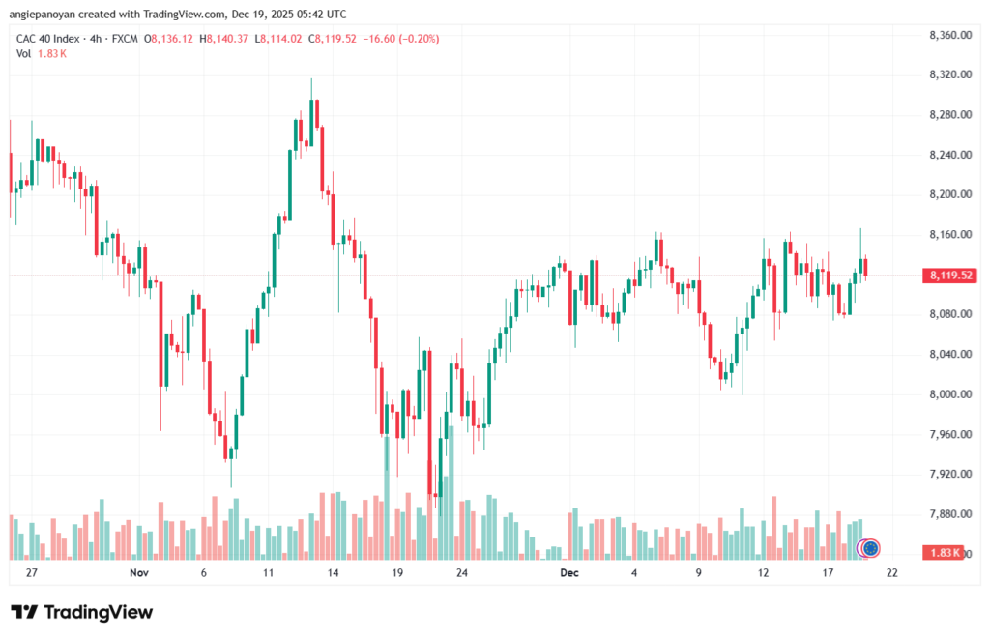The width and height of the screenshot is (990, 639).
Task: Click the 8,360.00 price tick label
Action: pyautogui.click(x=948, y=35)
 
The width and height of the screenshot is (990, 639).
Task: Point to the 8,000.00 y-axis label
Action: pyautogui.click(x=948, y=394)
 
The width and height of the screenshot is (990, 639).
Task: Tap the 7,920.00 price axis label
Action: pyautogui.click(x=948, y=474)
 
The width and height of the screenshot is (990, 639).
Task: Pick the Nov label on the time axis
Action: pyautogui.click(x=138, y=572)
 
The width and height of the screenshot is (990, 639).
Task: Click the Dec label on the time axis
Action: pyautogui.click(x=569, y=572)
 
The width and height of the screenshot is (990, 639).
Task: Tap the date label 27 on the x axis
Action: pyautogui.click(x=31, y=572)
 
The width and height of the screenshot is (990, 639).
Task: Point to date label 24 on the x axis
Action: pyautogui.click(x=462, y=572)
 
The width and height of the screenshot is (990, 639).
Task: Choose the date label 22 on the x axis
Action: pyautogui.click(x=891, y=572)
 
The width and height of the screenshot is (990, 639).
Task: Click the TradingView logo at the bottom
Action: pyautogui.click(x=81, y=612)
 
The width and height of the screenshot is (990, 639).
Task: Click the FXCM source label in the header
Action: pyautogui.click(x=122, y=39)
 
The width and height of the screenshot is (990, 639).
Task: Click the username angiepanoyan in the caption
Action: pyautogui.click(x=48, y=14)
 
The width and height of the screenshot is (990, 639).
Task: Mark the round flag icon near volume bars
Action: pyautogui.click(x=869, y=548)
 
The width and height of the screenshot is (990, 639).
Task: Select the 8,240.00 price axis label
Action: pyautogui.click(x=948, y=155)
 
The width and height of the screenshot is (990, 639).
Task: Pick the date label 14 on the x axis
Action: pyautogui.click(x=333, y=572)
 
